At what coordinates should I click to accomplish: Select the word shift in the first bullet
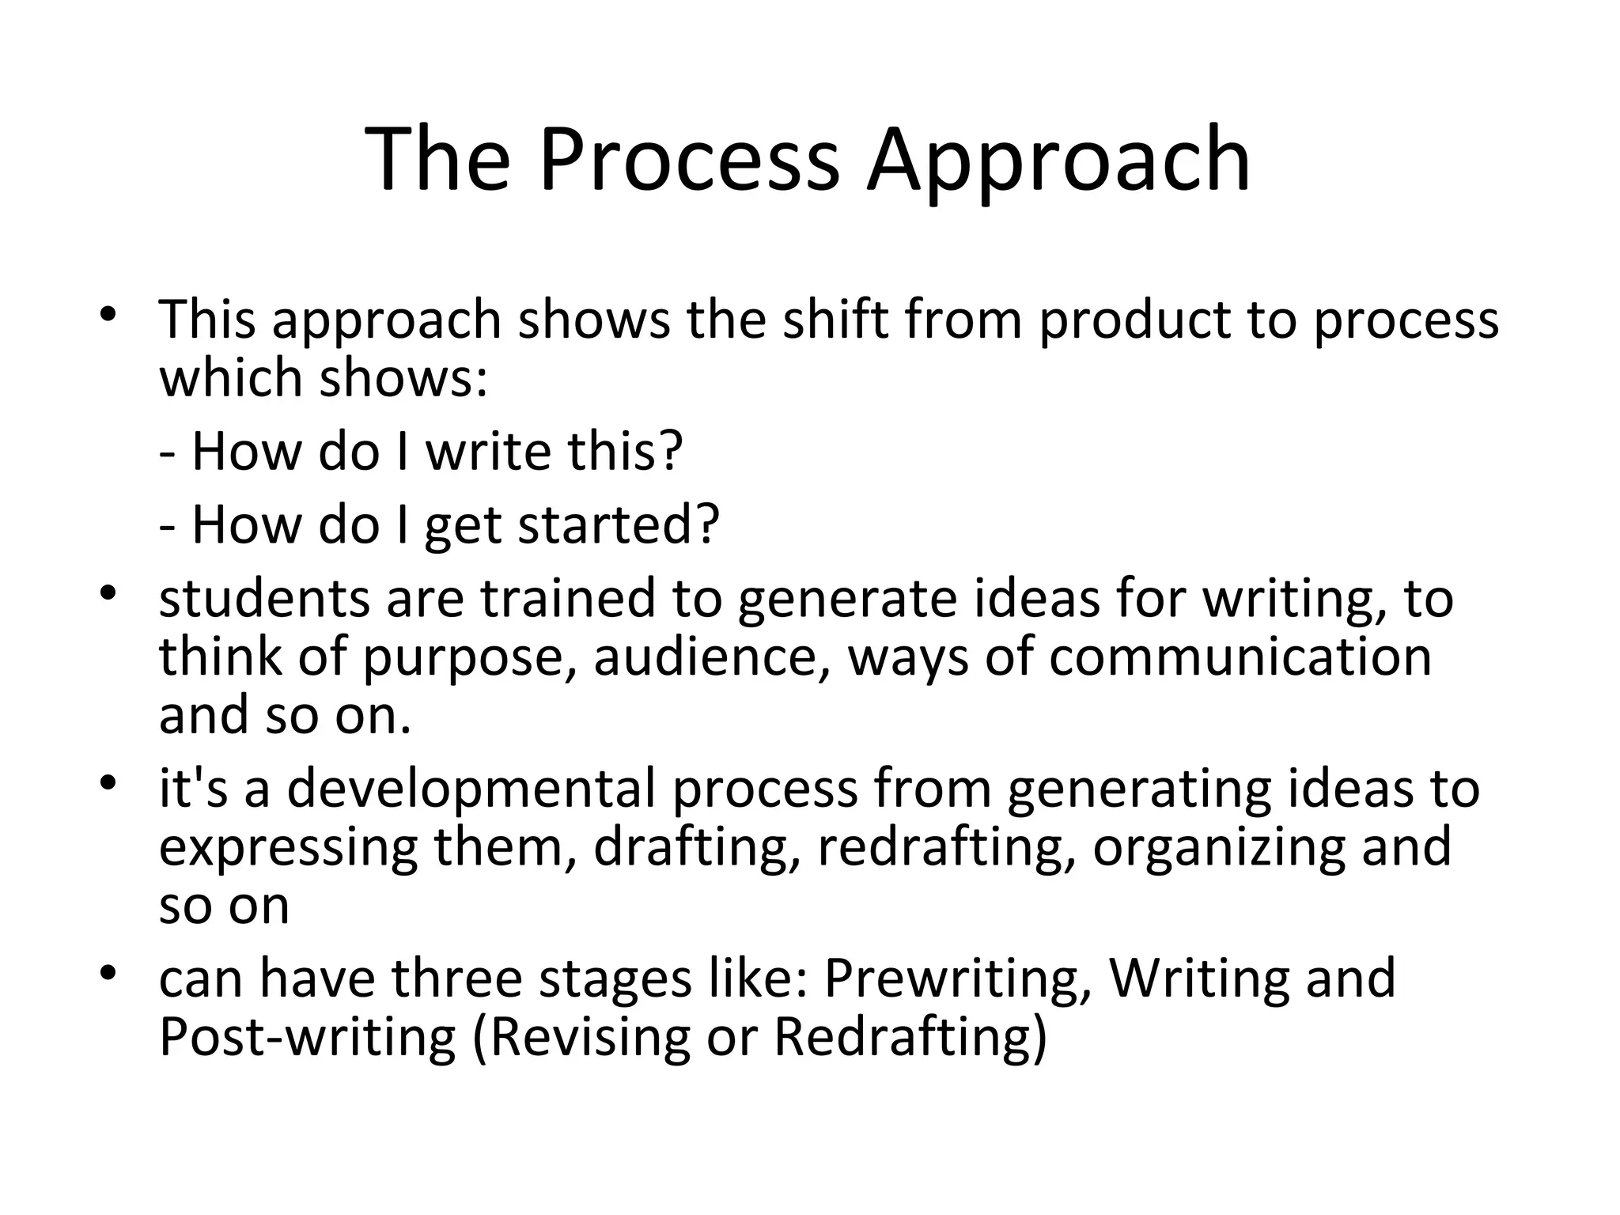[835, 320]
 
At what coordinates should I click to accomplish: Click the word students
[264, 598]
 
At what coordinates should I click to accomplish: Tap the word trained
[569, 598]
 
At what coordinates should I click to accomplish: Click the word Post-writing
[308, 1037]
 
